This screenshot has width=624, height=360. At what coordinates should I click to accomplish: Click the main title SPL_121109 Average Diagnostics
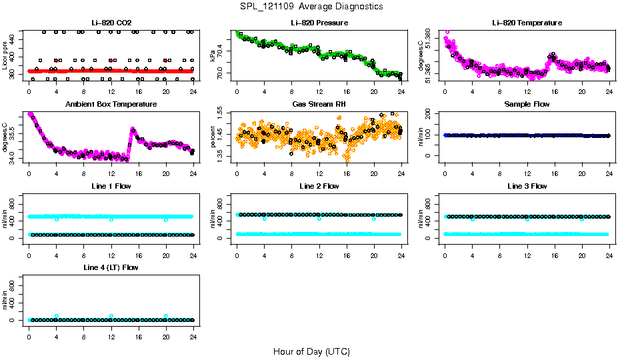(311, 6)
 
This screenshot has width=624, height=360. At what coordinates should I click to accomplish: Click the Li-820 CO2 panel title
(111, 23)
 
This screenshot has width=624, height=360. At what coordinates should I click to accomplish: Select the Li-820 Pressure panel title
(319, 23)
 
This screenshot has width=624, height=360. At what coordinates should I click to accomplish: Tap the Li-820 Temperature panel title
(527, 23)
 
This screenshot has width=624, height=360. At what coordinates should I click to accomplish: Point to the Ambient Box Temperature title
(111, 104)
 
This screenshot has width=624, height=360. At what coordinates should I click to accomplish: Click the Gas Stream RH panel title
(319, 104)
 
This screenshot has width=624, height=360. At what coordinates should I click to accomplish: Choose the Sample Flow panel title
(527, 104)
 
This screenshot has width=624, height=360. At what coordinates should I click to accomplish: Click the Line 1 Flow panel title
(111, 186)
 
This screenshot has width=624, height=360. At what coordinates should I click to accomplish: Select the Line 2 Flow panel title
(319, 186)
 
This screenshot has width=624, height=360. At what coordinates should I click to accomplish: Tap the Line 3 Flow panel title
(527, 186)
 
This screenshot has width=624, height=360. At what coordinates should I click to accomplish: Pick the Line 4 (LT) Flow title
(111, 267)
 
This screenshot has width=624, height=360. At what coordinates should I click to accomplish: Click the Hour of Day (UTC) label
(311, 351)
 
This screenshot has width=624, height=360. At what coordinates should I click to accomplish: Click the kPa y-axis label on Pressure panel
(213, 55)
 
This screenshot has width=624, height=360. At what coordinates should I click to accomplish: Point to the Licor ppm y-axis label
(5, 55)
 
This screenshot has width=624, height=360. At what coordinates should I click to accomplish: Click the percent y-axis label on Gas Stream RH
(213, 137)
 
